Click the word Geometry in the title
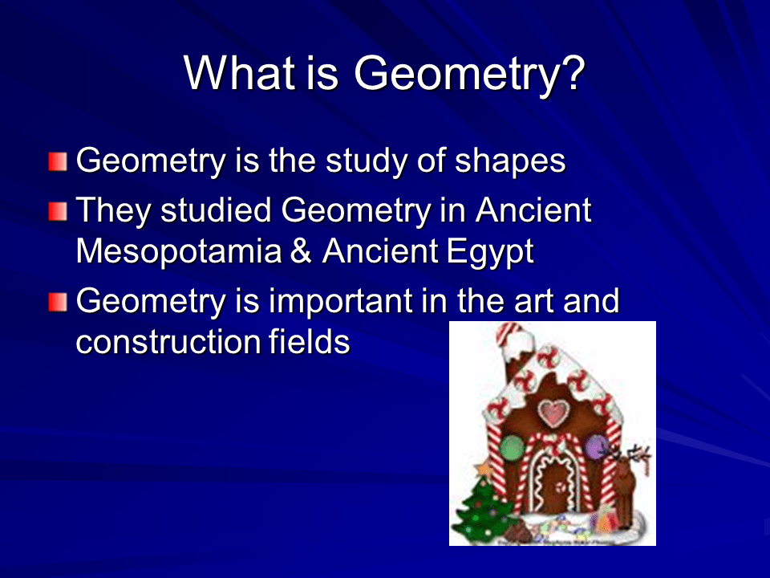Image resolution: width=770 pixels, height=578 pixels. pos(453,74)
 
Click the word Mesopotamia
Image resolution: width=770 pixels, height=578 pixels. pos(178,252)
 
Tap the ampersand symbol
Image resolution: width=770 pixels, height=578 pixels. pos(301,252)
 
